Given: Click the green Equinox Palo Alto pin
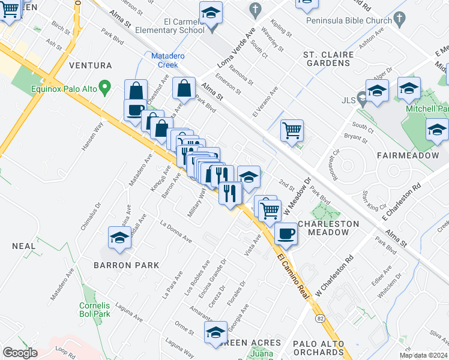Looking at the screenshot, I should click(105, 89).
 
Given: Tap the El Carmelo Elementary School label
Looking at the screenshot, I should click(170, 25).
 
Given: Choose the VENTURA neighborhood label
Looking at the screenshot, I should click(91, 65).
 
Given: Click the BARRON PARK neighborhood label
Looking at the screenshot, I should click(126, 265).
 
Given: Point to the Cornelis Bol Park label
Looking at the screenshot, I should click(95, 309).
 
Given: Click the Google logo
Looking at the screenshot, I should click(20, 353).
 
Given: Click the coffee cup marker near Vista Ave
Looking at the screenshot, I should click(286, 233).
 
